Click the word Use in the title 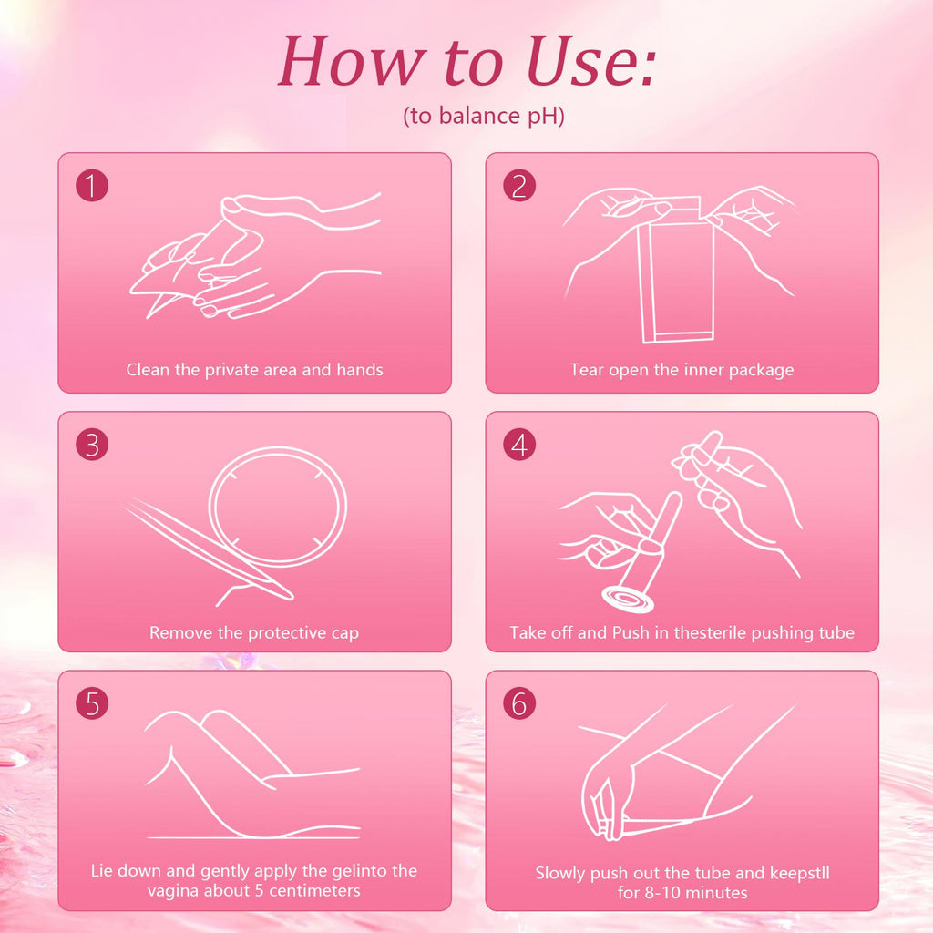click(590, 61)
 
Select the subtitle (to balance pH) click(483, 116)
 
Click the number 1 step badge click(92, 185)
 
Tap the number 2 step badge click(518, 185)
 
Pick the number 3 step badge click(92, 445)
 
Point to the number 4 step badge click(518, 445)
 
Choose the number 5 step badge click(92, 703)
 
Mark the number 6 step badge click(518, 703)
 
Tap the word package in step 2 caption click(761, 370)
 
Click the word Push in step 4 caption click(631, 632)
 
